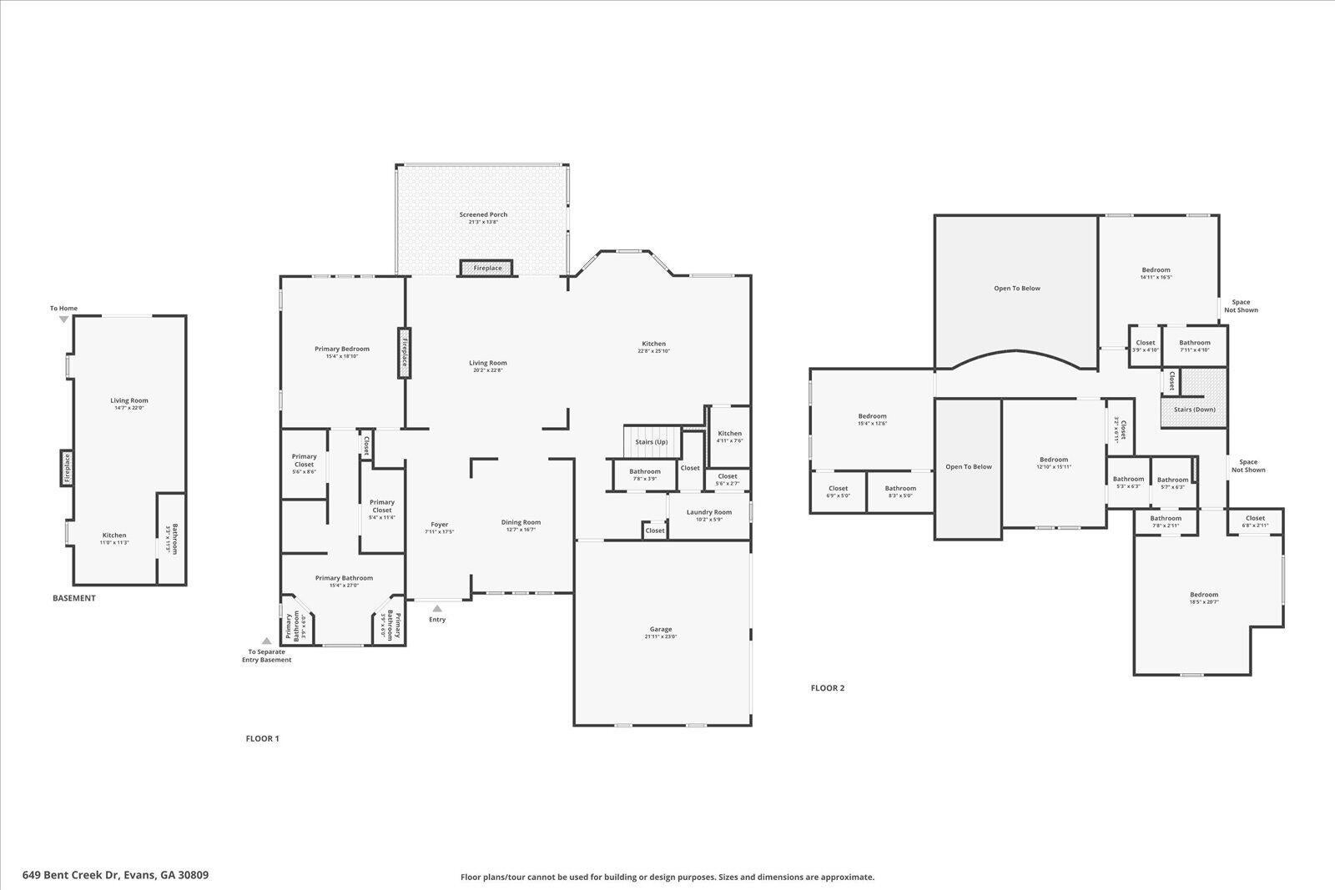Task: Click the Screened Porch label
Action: pyautogui.click(x=483, y=214)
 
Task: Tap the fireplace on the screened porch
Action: pyautogui.click(x=486, y=268)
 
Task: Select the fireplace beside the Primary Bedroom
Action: pyautogui.click(x=405, y=351)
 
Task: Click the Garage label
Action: pyautogui.click(x=661, y=629)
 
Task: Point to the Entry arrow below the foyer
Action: pyautogui.click(x=437, y=609)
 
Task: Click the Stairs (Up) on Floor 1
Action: pyautogui.click(x=652, y=441)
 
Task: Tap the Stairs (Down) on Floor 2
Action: pyautogui.click(x=1194, y=409)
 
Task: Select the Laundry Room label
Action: pyautogui.click(x=709, y=512)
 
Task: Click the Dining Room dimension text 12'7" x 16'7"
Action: pyautogui.click(x=521, y=530)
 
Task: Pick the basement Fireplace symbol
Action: pyautogui.click(x=68, y=468)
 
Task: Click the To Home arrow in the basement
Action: pyautogui.click(x=63, y=319)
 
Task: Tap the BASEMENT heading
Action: pyautogui.click(x=74, y=598)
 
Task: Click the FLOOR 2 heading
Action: pyautogui.click(x=828, y=688)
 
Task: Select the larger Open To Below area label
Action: pyautogui.click(x=1017, y=289)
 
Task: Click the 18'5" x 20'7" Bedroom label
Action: pyautogui.click(x=1204, y=595)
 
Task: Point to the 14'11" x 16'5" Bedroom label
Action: pyautogui.click(x=1156, y=269)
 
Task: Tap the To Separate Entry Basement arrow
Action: pyautogui.click(x=266, y=641)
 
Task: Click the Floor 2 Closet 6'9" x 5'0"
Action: pyautogui.click(x=838, y=491)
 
